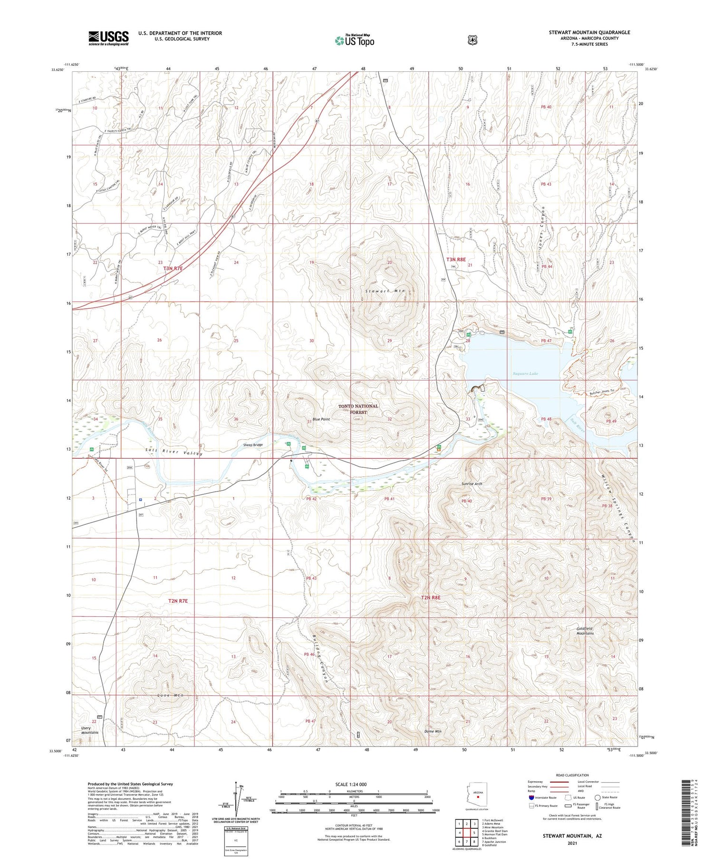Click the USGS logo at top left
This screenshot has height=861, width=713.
[108, 38]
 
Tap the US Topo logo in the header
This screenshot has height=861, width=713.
[354, 40]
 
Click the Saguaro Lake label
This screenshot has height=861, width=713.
[525, 374]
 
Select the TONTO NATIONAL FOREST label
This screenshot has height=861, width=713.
[358, 409]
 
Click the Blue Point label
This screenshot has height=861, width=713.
[321, 419]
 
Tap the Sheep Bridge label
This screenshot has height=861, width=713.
[252, 445]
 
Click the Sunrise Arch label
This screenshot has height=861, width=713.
[472, 483]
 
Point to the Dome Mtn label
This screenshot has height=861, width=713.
[433, 731]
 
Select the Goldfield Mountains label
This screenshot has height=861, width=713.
[585, 631]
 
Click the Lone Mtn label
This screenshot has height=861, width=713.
[170, 695]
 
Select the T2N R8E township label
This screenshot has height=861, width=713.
[431, 597]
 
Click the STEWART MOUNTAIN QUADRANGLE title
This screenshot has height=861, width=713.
[589, 32]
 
